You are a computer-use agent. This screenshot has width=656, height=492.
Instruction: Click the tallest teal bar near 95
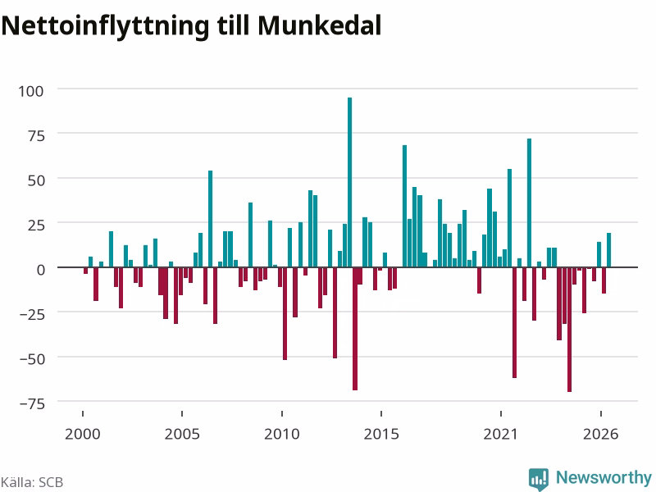coord(350,182)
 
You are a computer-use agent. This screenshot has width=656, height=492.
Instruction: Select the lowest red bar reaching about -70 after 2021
coord(569,330)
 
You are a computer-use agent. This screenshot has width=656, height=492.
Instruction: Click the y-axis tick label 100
coord(31,91)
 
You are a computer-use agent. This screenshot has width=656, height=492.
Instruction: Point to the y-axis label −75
coord(32,403)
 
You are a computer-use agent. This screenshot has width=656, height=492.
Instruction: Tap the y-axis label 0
coord(40,270)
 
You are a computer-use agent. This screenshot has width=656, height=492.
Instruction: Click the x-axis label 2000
coord(83,434)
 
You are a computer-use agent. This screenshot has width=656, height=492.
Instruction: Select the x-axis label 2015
coord(381,434)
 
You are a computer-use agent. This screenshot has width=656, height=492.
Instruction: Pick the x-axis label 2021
coord(500,434)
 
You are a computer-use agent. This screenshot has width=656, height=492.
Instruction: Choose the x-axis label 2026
coord(600,434)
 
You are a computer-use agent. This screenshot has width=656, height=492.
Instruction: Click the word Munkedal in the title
coord(319,25)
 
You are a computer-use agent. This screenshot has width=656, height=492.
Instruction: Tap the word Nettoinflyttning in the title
coord(105,27)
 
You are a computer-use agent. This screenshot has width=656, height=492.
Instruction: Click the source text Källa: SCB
coord(32,482)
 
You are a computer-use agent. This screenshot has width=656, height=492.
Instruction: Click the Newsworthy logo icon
coord(539,479)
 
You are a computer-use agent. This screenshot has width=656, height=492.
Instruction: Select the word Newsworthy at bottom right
coord(604,477)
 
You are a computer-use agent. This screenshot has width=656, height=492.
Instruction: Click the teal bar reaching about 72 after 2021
coord(529,203)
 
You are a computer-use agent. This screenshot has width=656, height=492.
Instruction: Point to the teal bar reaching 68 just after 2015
coord(404,206)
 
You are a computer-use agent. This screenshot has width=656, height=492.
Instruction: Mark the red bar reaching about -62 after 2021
coord(515,322)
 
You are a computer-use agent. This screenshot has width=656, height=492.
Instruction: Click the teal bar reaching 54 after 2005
coord(211,219)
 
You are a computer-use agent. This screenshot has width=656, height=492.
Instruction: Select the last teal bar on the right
coord(608,250)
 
